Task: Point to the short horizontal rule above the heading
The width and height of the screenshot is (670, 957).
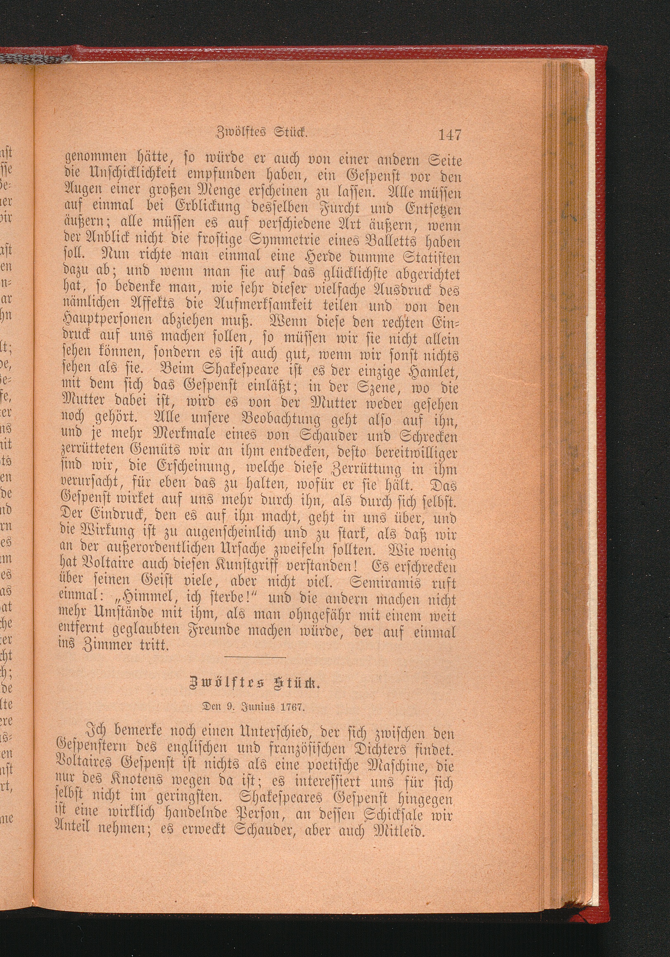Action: tap(255, 658)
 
